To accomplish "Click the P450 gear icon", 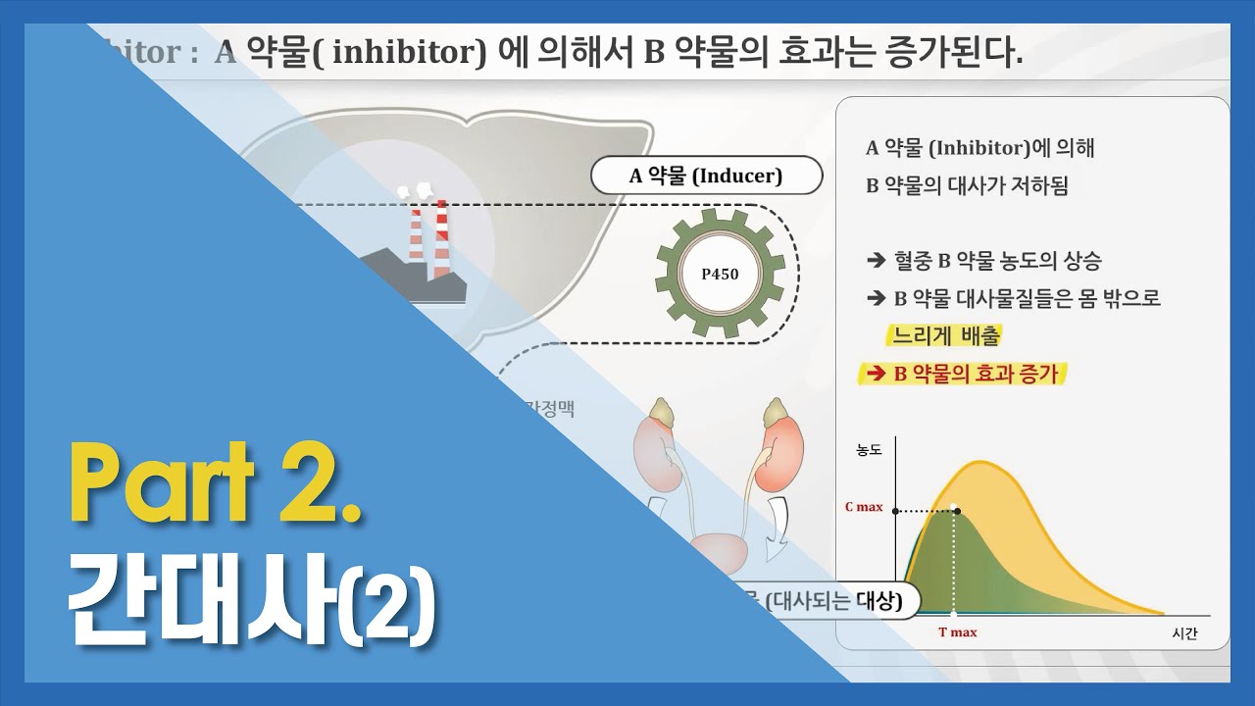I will [x=720, y=275].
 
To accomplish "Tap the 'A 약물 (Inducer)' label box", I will [x=706, y=176].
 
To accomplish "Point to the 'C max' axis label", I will [x=864, y=508].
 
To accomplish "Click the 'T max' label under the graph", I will [x=957, y=632].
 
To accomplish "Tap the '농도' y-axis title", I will [x=869, y=450].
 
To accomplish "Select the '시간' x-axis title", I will [x=1184, y=633].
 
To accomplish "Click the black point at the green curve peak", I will [x=956, y=511].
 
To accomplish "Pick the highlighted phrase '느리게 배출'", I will [x=945, y=336].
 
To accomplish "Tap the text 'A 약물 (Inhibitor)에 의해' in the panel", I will [x=980, y=149].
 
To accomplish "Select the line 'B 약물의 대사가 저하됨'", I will [x=967, y=186].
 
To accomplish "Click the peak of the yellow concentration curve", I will [x=977, y=462].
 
